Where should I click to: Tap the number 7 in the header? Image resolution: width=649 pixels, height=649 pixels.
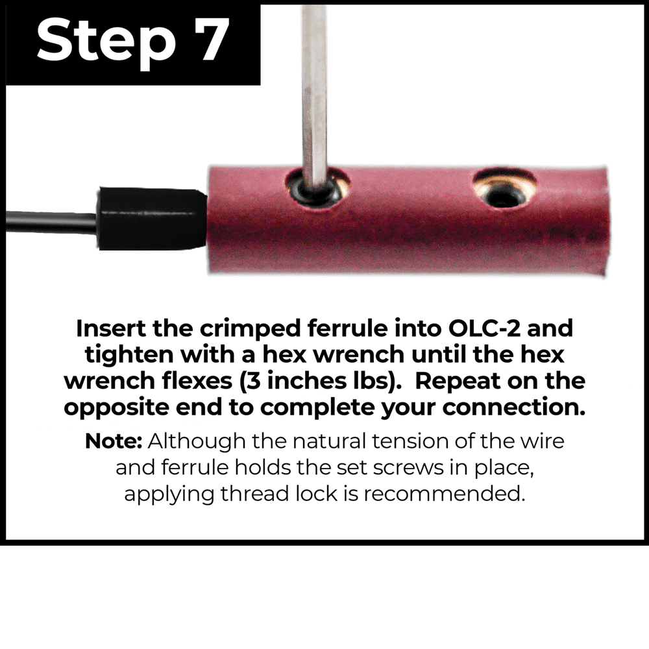click(x=211, y=40)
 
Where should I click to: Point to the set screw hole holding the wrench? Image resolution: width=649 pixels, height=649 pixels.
click(x=317, y=187)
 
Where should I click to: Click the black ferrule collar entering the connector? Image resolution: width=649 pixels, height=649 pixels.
click(x=153, y=219)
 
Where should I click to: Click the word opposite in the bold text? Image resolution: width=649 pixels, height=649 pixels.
click(x=116, y=408)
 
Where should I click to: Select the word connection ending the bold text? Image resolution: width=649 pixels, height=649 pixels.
click(x=513, y=408)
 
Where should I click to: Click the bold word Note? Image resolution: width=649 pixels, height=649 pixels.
click(x=114, y=441)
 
